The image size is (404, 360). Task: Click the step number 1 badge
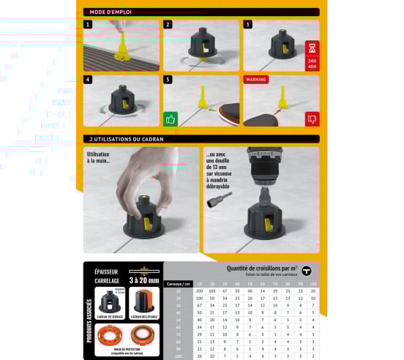88,24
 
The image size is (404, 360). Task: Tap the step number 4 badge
88,79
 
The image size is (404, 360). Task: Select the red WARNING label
256,79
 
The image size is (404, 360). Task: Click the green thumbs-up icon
171,119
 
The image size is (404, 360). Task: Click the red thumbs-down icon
313,119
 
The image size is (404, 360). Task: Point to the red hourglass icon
313,48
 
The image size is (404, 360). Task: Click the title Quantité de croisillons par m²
257,268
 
